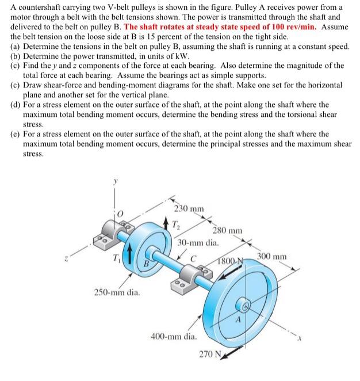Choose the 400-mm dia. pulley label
[174, 335]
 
